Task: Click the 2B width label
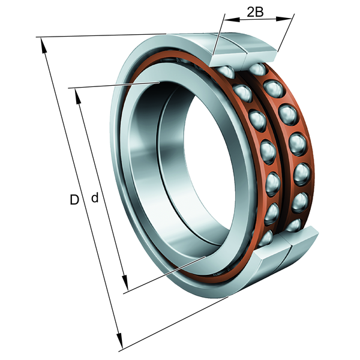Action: pyautogui.click(x=255, y=12)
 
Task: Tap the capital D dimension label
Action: pyautogui.click(x=74, y=199)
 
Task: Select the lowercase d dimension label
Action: pyautogui.click(x=95, y=197)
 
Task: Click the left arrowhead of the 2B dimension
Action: pyautogui.click(x=232, y=20)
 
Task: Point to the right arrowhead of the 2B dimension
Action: pyautogui.click(x=284, y=19)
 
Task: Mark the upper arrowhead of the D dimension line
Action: pyautogui.click(x=43, y=46)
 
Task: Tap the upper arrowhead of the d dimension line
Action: pyautogui.click(x=78, y=97)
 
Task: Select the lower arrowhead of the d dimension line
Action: pyautogui.click(x=125, y=282)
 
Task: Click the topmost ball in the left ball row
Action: pyautogui.click(x=226, y=71)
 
